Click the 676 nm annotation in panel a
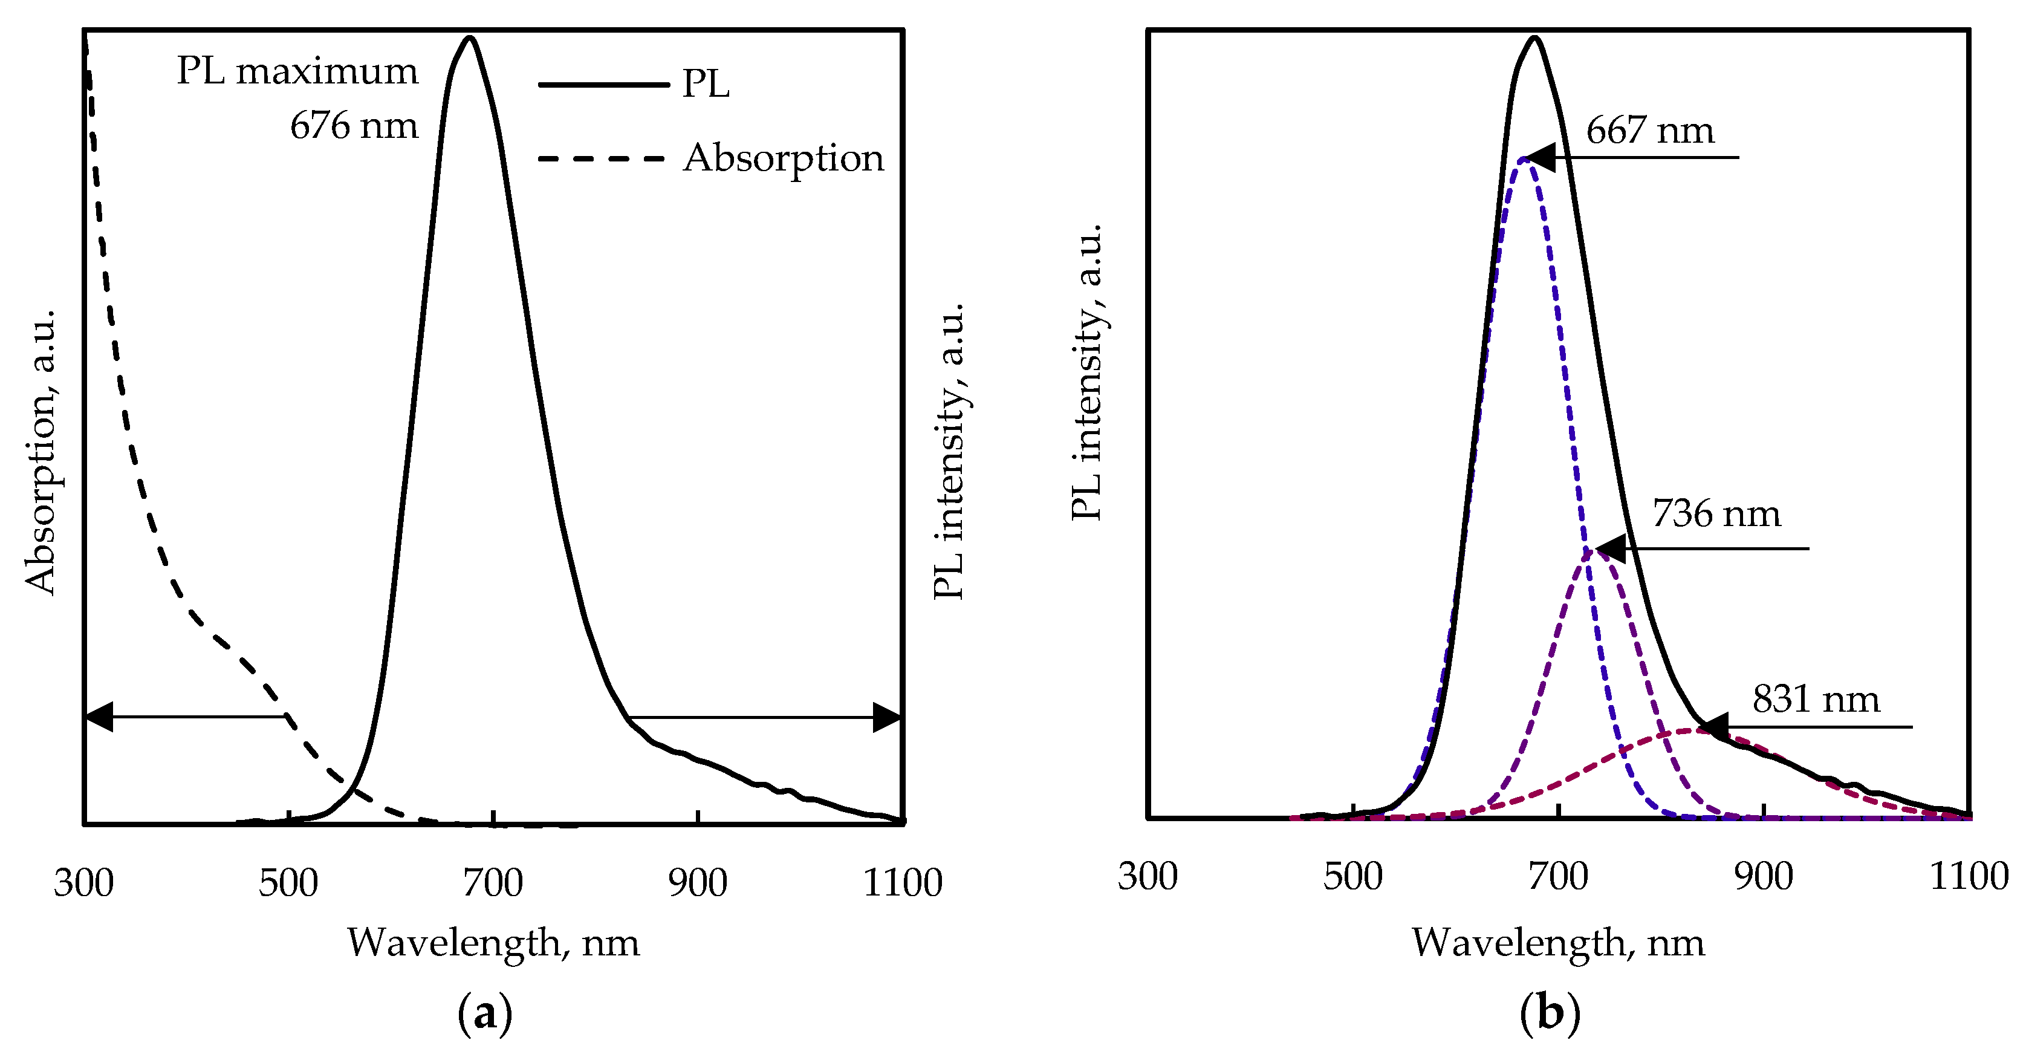click(x=354, y=126)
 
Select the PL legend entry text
click(x=706, y=83)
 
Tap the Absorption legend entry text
click(x=784, y=158)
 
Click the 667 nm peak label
click(x=1650, y=131)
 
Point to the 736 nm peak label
click(x=1716, y=514)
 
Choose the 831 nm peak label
click(x=1816, y=699)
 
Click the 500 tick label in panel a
click(x=288, y=882)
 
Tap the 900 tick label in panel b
click(x=1764, y=876)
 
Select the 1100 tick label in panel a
click(x=902, y=882)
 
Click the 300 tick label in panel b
click(x=1148, y=876)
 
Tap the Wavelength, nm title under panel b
click(x=1558, y=942)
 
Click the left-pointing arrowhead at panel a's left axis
click(x=99, y=717)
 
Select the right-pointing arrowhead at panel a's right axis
click(x=887, y=717)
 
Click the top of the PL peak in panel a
click(x=470, y=37)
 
